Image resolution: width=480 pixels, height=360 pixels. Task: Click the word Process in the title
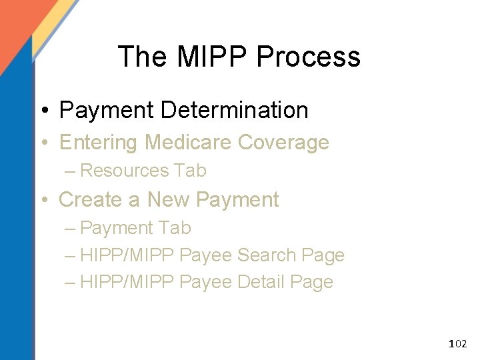click(x=308, y=57)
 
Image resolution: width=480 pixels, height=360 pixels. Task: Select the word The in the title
click(x=144, y=57)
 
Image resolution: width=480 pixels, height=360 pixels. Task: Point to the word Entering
click(x=99, y=143)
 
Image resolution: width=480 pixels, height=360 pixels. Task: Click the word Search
click(x=267, y=255)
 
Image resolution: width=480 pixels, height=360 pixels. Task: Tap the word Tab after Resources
click(x=191, y=171)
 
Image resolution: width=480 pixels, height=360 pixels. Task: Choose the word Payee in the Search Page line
click(x=207, y=255)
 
